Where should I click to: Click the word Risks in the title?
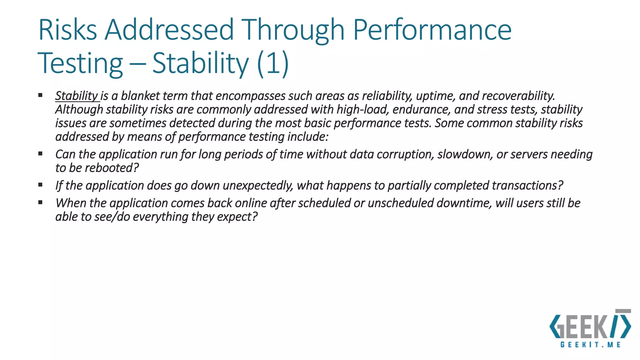[x=67, y=30]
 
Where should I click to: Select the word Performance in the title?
[x=432, y=30]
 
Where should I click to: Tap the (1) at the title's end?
[x=273, y=63]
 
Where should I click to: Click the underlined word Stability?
[x=77, y=96]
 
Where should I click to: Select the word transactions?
[x=527, y=186]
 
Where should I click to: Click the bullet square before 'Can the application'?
[x=40, y=153]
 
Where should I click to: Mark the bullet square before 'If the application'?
[x=40, y=185]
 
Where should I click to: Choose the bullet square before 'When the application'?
[x=40, y=202]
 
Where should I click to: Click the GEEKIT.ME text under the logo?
[x=590, y=345]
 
